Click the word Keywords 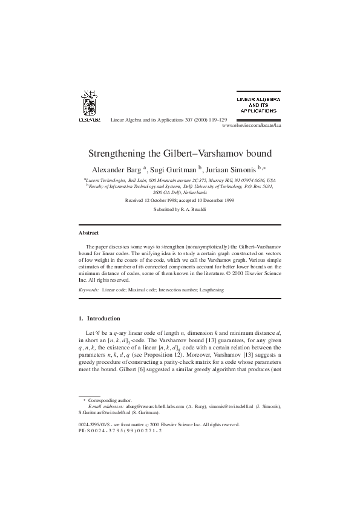tap(90, 290)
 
